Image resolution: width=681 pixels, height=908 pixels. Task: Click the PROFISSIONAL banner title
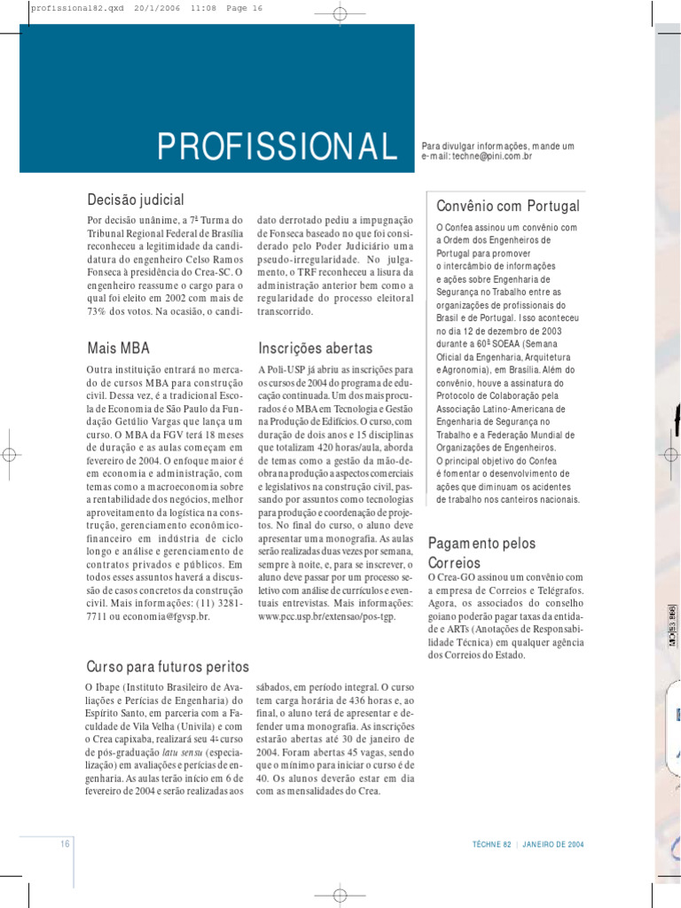coord(277,146)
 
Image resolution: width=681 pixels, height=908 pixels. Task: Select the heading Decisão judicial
coord(136,199)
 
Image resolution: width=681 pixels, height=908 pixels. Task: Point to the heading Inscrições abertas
coord(316,348)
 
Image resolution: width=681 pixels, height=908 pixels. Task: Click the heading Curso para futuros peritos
coord(168,666)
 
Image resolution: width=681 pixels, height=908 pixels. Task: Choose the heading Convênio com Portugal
coord(508,206)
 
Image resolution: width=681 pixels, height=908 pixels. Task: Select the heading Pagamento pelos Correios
coord(481,552)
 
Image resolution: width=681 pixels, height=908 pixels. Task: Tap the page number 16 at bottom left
coord(66,844)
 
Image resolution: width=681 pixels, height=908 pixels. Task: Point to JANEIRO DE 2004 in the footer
coord(553,844)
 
